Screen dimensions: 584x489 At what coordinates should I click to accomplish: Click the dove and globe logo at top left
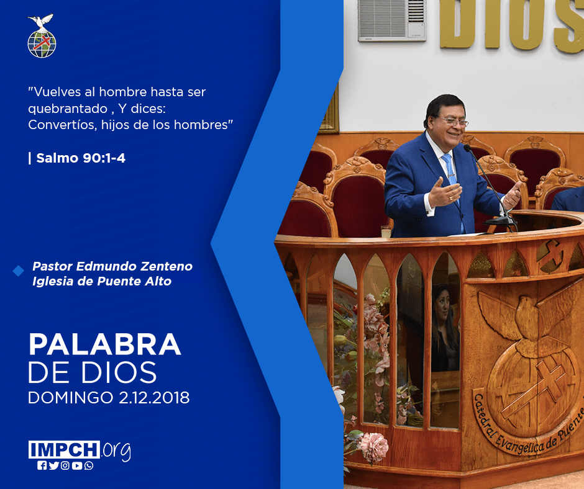(x=42, y=36)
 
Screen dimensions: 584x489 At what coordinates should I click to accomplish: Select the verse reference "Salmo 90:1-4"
(x=81, y=158)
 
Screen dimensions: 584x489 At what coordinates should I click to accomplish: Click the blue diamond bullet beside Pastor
(x=18, y=271)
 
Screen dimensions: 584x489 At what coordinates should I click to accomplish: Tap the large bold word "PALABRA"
(x=105, y=344)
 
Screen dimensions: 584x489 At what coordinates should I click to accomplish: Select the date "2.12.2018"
(x=154, y=397)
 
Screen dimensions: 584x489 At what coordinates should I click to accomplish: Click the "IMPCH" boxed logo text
(x=64, y=449)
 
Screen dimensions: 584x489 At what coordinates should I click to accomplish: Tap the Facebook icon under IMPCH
(x=42, y=465)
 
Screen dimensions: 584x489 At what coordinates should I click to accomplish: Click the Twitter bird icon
(x=53, y=465)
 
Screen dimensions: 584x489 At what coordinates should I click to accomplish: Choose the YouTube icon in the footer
(x=77, y=465)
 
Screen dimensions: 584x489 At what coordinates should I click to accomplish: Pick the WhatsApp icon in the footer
(x=89, y=465)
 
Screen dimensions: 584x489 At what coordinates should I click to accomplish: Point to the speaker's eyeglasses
(x=454, y=122)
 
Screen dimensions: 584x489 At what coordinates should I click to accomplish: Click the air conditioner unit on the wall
(x=392, y=20)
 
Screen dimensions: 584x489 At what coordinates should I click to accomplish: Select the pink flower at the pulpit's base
(x=373, y=447)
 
